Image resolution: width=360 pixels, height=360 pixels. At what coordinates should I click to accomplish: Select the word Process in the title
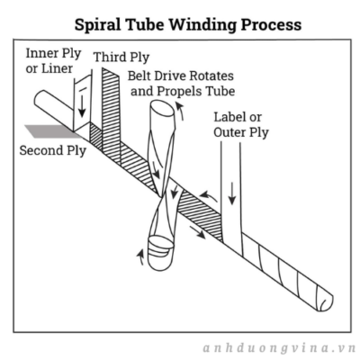[272, 25]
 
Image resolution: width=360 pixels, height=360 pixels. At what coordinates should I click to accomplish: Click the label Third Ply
[121, 58]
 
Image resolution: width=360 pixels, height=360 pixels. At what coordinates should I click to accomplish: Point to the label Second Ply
[53, 150]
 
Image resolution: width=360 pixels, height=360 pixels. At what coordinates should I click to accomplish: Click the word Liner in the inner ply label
[57, 68]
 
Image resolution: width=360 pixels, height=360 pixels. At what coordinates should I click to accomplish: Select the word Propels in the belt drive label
[179, 91]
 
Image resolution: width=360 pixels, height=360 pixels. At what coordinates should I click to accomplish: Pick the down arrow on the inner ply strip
[82, 107]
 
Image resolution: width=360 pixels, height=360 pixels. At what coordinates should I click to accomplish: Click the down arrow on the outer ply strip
[232, 193]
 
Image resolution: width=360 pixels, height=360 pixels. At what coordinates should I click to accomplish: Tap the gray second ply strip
[51, 131]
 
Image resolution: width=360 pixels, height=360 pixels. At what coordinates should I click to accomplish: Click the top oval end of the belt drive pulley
[162, 107]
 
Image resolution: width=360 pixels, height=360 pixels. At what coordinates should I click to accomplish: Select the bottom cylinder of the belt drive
[160, 252]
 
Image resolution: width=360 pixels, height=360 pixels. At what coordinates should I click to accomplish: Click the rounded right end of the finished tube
[324, 300]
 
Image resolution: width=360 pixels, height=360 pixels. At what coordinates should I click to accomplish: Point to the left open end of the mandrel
[39, 99]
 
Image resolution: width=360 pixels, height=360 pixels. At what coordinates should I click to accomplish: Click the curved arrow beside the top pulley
[180, 112]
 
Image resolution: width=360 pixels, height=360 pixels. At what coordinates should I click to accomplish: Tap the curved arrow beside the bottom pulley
[140, 257]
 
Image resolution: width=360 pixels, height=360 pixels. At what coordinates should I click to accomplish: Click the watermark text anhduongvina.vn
[279, 348]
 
